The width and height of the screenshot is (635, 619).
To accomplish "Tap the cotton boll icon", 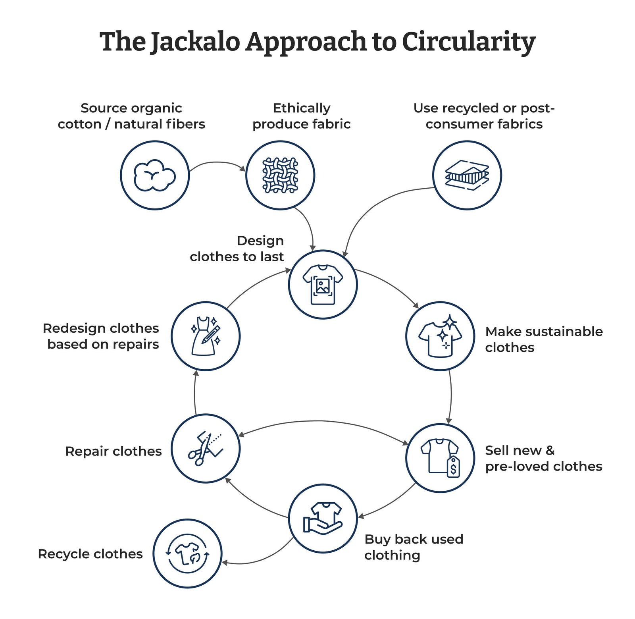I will [x=154, y=175].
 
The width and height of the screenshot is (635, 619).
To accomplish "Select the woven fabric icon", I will [x=280, y=175].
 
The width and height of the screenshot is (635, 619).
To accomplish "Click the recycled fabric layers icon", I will [x=467, y=175].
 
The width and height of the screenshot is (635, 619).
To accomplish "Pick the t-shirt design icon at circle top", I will [x=323, y=284].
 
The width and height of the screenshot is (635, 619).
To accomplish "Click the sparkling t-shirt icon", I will [x=440, y=336].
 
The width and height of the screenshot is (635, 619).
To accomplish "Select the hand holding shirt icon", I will [x=323, y=518].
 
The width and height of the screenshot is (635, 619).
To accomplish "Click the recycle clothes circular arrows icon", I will [x=187, y=553].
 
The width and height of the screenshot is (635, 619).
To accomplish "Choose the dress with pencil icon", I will [x=206, y=336].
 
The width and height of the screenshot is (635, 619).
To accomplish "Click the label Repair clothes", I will [x=114, y=451].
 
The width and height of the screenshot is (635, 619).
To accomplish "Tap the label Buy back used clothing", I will [x=414, y=547].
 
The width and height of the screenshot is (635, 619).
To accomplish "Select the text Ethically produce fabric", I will [x=301, y=116].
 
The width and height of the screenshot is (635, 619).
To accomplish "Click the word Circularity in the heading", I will [x=468, y=42].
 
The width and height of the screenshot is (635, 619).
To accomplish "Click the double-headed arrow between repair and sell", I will [x=323, y=421].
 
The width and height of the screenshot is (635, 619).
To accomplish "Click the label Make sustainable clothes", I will [x=544, y=339].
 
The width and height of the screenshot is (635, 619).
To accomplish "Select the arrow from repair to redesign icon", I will [x=194, y=393].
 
